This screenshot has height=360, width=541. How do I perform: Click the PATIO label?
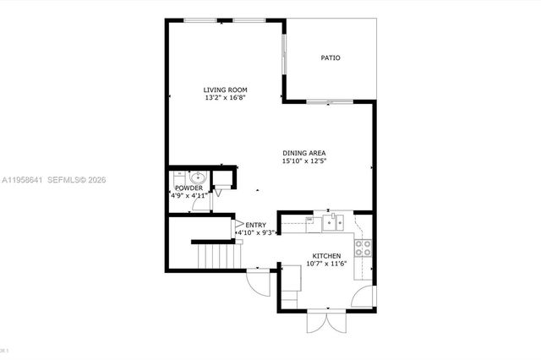331,58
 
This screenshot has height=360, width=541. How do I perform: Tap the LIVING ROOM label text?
224,90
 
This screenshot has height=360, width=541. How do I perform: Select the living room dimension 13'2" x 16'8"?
224,98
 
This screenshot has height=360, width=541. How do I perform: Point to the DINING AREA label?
304,152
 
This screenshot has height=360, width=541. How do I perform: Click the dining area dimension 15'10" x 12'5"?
304,161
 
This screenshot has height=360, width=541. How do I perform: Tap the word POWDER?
189,188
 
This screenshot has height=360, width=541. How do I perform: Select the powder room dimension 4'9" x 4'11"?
189,195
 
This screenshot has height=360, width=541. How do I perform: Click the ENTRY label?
255,225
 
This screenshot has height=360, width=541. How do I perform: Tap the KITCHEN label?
326,256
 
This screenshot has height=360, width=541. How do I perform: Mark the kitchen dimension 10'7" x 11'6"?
326,265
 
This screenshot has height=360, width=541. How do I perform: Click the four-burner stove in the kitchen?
363,248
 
